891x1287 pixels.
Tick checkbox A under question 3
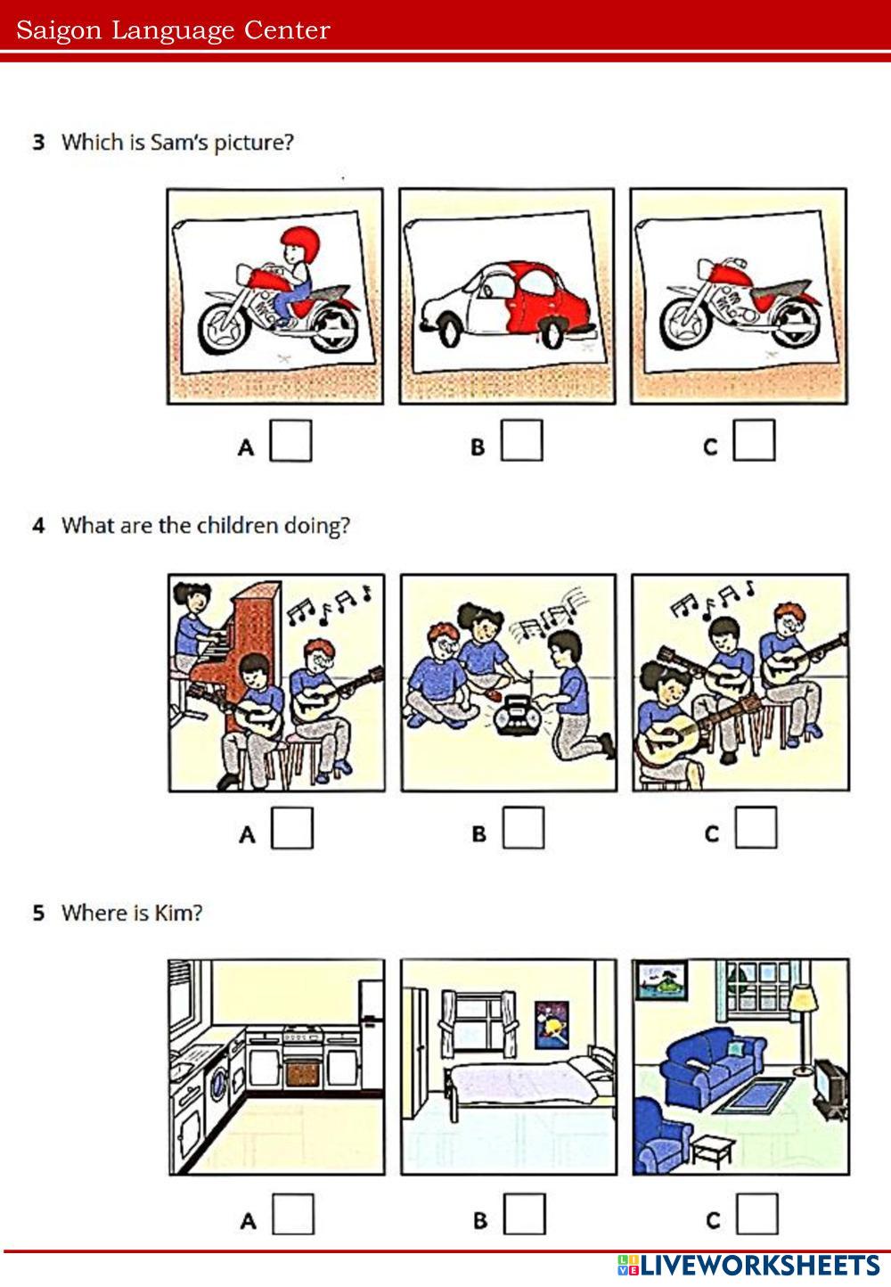pyautogui.click(x=290, y=440)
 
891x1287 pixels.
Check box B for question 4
pyautogui.click(x=523, y=828)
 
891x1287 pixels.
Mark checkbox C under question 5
pyautogui.click(x=757, y=1214)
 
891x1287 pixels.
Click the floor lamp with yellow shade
pyautogui.click(x=802, y=1029)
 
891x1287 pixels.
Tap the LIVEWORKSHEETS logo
pyautogui.click(x=748, y=1266)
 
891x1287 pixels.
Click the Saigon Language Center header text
pyautogui.click(x=174, y=30)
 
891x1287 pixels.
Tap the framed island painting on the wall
pyautogui.click(x=662, y=980)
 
